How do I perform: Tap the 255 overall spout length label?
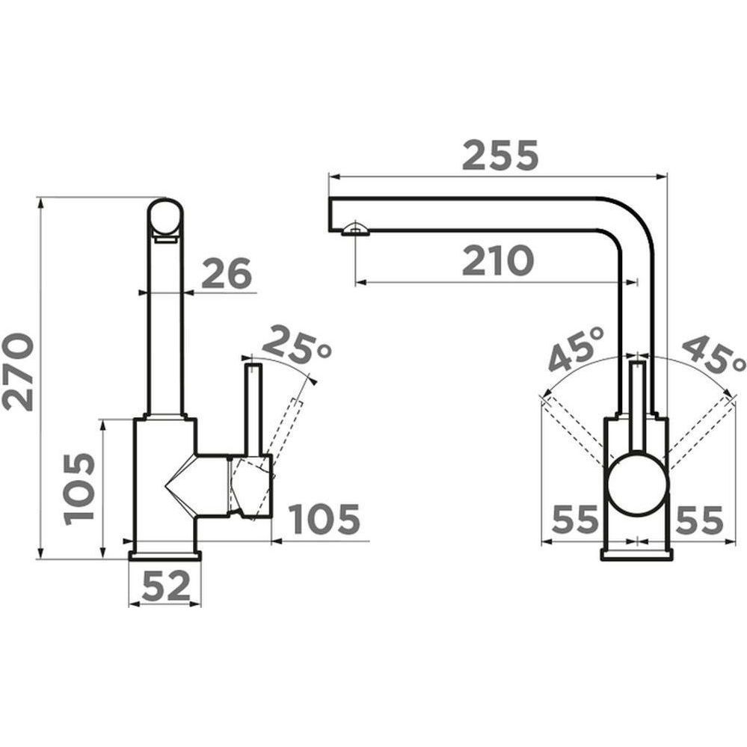pyautogui.click(x=499, y=156)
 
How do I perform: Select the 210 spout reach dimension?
pyautogui.click(x=497, y=261)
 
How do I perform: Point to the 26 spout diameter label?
pyautogui.click(x=226, y=274)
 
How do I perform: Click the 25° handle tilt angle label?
pyautogui.click(x=296, y=343)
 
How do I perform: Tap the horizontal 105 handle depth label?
pyautogui.click(x=325, y=518)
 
